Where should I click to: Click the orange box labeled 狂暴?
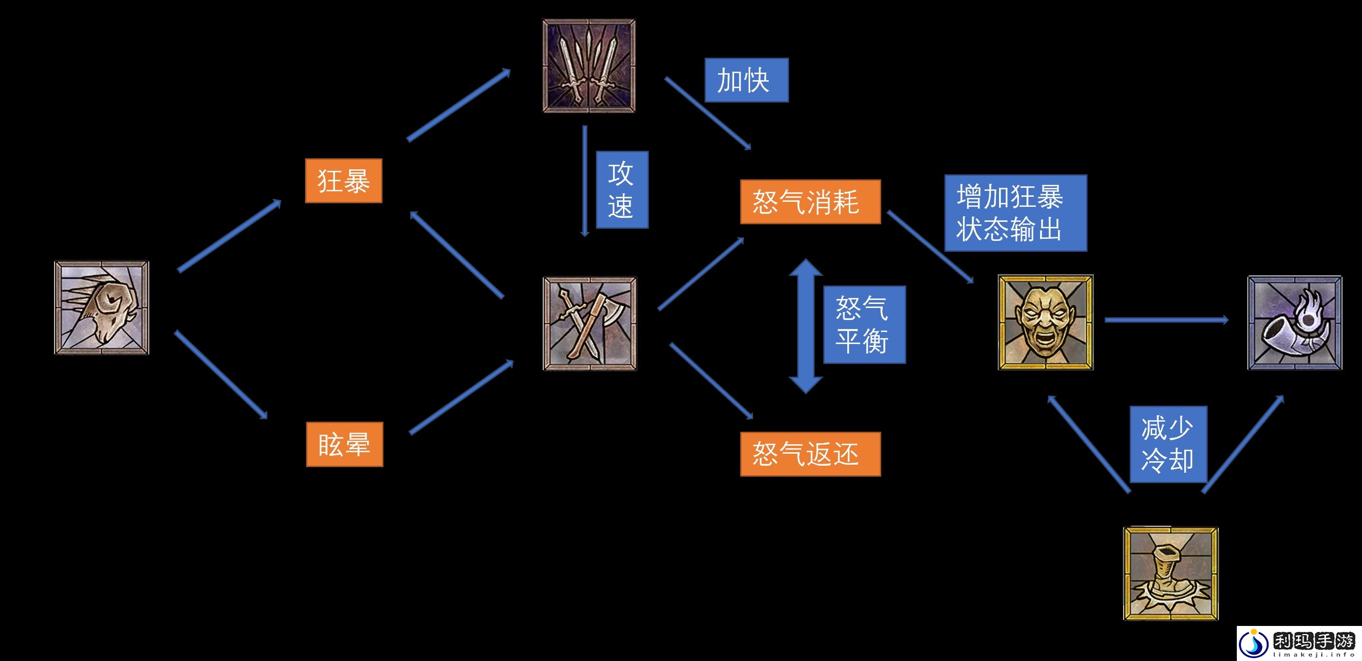coord(343,181)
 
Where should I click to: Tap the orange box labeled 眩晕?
coord(344,444)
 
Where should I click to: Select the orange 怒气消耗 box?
coord(810,202)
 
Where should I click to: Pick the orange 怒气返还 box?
coord(810,454)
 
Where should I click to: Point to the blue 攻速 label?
coord(622,190)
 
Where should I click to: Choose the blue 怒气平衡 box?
coord(864,324)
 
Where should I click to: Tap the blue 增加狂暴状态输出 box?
coord(1015,213)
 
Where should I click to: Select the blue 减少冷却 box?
coord(1168,444)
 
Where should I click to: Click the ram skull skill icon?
coord(102,308)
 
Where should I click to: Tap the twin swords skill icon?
coord(589,66)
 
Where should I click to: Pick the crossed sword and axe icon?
coord(590,323)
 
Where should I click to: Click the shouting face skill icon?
coord(1046,322)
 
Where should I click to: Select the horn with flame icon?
coord(1294,322)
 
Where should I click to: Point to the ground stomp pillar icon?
coord(1171,573)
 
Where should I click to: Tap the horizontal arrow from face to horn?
coord(1166,320)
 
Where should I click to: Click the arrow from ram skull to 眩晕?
coord(221,375)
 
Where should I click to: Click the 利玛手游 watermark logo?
coord(1298,643)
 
